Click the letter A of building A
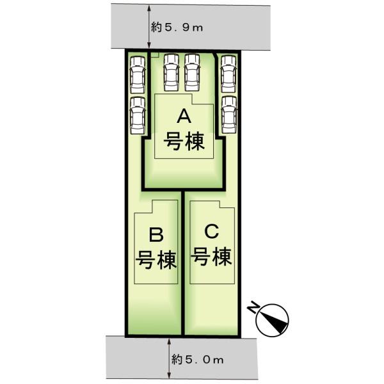[x=184, y=117]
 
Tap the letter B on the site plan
[x=156, y=234]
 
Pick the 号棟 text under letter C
[x=212, y=257]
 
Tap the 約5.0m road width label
[x=198, y=360]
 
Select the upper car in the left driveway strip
[x=137, y=74]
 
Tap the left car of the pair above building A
[x=171, y=71]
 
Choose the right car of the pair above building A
[x=192, y=71]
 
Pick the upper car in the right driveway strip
[x=228, y=72]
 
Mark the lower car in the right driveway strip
[x=228, y=113]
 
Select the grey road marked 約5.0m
[x=128, y=358]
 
